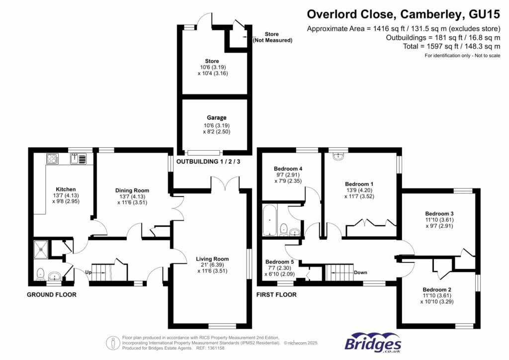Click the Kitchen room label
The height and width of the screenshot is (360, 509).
pos(66,189)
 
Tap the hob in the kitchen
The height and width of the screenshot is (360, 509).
pos(52,159)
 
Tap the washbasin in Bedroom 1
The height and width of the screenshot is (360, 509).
pos(338,156)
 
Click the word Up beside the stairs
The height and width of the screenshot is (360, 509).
pos(88,272)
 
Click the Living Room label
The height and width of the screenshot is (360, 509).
pos(212,259)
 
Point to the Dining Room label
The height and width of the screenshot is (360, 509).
pos(132,190)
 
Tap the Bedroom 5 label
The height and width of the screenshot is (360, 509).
pos(280,262)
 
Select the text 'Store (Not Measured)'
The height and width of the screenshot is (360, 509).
pos(272,37)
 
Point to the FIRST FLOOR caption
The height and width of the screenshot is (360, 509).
pos(276,295)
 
